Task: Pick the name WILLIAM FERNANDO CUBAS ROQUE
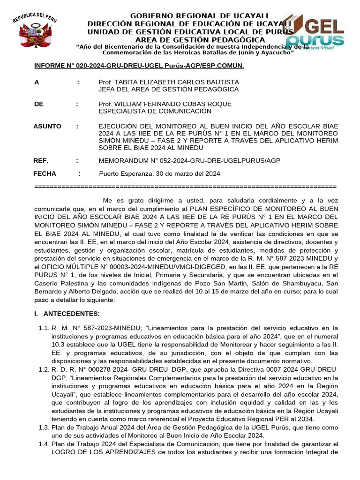(165, 104)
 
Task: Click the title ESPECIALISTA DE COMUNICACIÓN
(155, 111)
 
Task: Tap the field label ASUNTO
(47, 127)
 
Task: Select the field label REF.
(41, 161)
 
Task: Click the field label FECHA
(45, 174)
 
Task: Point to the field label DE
(39, 104)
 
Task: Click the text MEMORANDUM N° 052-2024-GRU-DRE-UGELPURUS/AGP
(189, 161)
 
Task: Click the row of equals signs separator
(186, 186)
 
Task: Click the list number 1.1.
(44, 328)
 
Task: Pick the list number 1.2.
(44, 370)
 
